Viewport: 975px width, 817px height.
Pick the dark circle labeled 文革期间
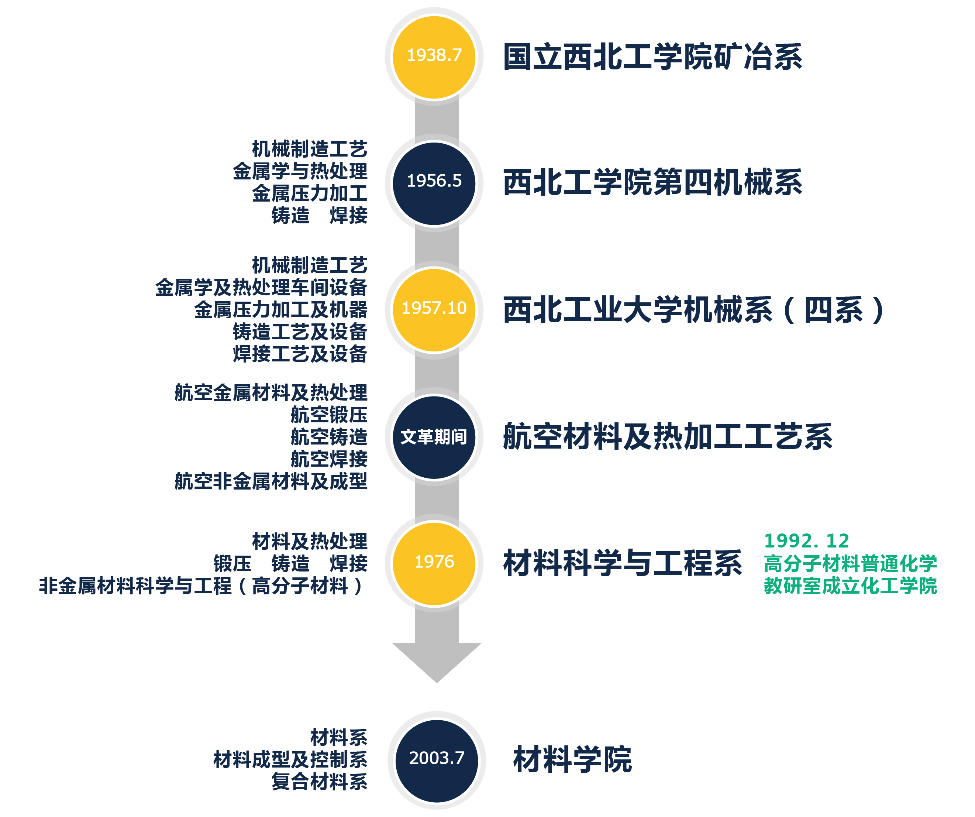coord(434,437)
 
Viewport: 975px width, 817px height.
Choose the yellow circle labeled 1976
coord(434,563)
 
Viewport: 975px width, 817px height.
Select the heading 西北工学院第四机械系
coord(653,182)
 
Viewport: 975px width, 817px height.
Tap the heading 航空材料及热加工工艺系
coord(668,437)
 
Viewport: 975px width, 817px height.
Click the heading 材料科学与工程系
coord(623,563)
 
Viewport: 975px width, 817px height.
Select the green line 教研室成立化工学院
coord(850,586)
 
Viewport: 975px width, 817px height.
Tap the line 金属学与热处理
coord(300,171)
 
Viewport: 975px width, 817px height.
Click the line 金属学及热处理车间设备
coord(261,288)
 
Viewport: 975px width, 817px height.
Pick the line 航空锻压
coord(329,415)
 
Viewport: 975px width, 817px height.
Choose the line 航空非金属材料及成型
coord(271,481)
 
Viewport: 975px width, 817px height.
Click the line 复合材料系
coord(320,782)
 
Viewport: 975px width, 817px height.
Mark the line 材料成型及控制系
coord(290,760)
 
